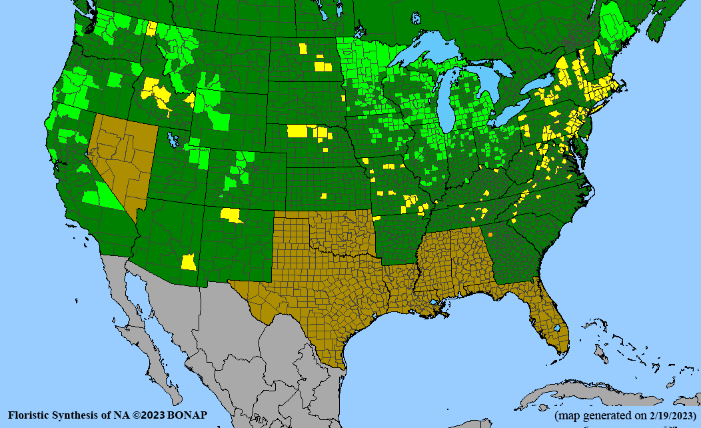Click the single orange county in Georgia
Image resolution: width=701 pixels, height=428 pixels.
[x=490, y=234]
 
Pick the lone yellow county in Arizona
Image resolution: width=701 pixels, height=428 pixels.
[x=189, y=262]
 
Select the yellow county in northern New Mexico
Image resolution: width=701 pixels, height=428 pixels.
[x=231, y=215]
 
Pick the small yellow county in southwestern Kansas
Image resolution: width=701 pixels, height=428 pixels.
[x=323, y=196]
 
